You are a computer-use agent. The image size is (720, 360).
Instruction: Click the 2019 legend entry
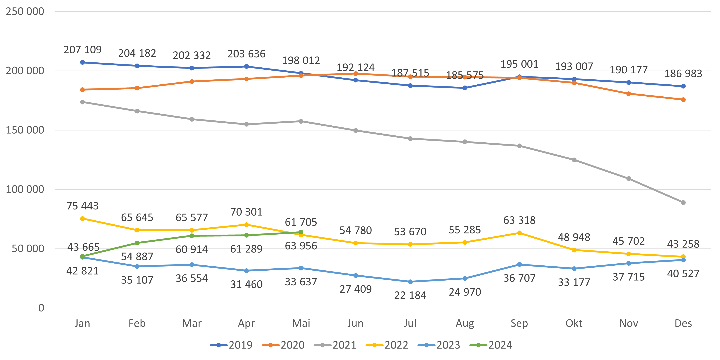point(231,345)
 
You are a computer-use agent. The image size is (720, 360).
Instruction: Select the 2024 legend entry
point(491,345)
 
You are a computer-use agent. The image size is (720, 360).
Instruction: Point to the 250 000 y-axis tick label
point(25,11)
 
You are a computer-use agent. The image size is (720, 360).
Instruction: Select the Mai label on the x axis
point(301,323)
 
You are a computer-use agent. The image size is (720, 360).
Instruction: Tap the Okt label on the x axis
point(574,323)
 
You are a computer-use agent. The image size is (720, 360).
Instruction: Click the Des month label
point(683,323)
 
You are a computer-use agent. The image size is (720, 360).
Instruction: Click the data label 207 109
point(82,50)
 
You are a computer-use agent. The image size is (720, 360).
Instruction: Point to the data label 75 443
point(82,206)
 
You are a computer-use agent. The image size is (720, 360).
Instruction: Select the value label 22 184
point(410,295)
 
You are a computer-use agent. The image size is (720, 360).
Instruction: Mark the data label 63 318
point(519,220)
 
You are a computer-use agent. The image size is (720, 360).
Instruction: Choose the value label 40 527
point(683,274)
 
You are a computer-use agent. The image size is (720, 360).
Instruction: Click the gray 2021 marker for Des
point(683,202)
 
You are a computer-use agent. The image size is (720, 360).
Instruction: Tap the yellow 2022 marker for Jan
point(82,219)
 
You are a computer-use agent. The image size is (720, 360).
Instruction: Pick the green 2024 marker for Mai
point(301,232)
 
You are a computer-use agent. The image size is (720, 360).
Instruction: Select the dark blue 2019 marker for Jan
point(82,62)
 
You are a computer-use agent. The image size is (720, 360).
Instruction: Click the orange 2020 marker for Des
point(683,100)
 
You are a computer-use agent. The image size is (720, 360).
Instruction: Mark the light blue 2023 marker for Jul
point(410,282)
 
